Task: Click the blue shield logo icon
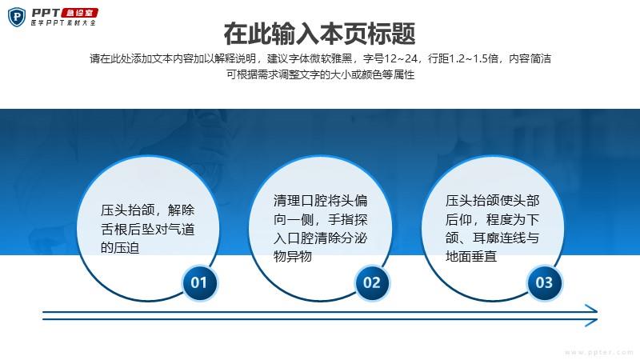pos(17,18)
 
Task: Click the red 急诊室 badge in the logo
pos(79,13)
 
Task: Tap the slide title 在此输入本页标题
pos(319,34)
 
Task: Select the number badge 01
pos(198,282)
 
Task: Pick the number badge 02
pos(371,282)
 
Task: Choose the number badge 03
pos(544,282)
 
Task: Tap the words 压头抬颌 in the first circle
pos(128,210)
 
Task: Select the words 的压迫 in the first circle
pos(120,247)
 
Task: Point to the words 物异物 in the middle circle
pos(293,256)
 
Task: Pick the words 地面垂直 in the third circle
pos(471,256)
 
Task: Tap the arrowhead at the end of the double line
pos(591,315)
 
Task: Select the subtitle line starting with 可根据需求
pos(321,74)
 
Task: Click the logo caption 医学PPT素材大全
pos(63,23)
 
